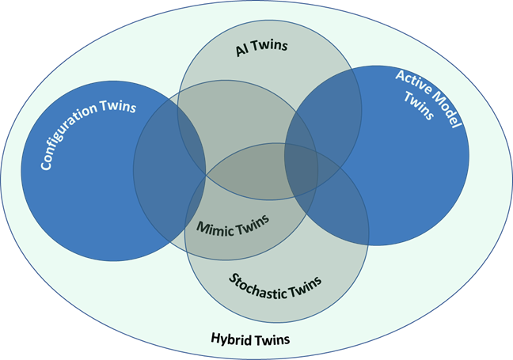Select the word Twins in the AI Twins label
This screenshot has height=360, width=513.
(x=272, y=47)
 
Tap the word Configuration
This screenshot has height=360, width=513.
(x=76, y=138)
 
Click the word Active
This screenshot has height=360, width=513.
(x=412, y=80)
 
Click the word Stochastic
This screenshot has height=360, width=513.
(x=258, y=283)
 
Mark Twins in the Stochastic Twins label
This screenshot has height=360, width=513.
(x=306, y=293)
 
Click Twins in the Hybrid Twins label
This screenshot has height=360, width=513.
(x=272, y=339)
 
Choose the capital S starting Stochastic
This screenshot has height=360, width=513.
(x=234, y=278)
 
